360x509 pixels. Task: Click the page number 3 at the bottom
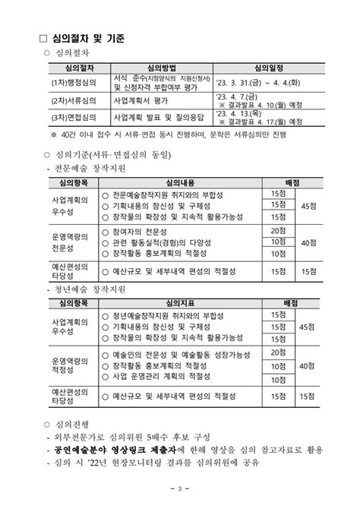coord(180,488)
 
